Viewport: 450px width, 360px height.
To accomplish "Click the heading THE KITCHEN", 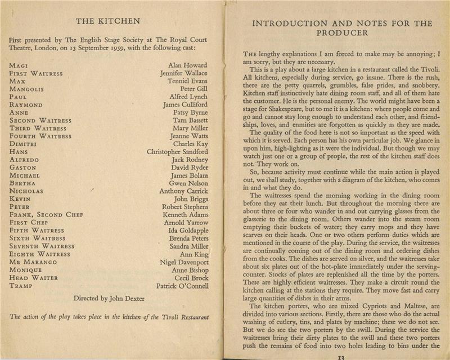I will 107,22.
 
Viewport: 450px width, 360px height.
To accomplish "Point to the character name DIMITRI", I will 25,144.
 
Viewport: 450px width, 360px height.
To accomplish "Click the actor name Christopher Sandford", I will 177,152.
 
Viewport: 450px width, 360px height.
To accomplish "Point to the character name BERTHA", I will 23,183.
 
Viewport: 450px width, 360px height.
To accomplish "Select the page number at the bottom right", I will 340,357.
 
